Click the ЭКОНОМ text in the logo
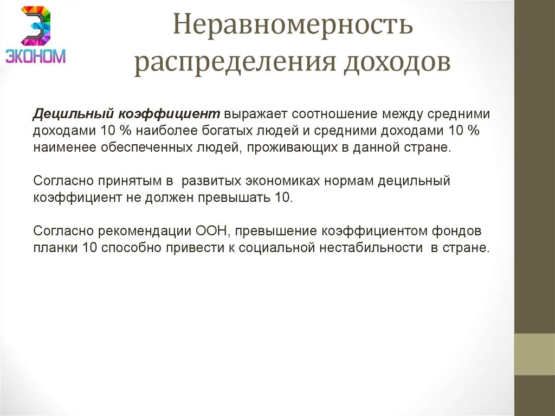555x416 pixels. click(x=35, y=56)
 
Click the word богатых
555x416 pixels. click(x=276, y=131)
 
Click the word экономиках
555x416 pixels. click(x=278, y=181)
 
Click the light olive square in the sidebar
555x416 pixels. click(x=534, y=354)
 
